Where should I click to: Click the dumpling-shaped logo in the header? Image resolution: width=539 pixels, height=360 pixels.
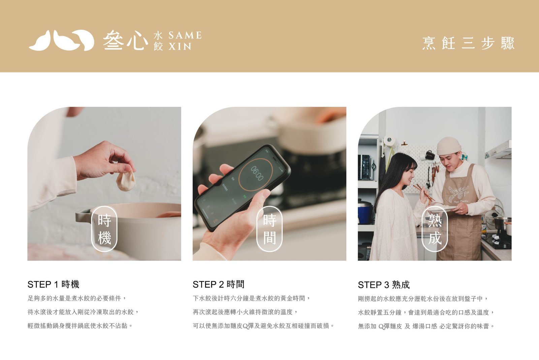pyautogui.click(x=61, y=40)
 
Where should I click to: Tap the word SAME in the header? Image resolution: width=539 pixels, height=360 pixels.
pyautogui.click(x=185, y=35)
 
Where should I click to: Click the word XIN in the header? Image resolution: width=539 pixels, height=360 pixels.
pyautogui.click(x=180, y=47)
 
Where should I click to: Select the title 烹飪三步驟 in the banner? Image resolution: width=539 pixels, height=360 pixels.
pyautogui.click(x=468, y=43)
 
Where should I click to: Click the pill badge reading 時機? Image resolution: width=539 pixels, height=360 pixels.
pyautogui.click(x=104, y=229)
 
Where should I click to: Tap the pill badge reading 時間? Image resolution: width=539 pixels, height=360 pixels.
pyautogui.click(x=269, y=229)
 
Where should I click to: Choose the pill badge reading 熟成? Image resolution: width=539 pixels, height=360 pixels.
pyautogui.click(x=435, y=229)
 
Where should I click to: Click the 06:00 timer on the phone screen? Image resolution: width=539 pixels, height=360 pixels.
pyautogui.click(x=257, y=173)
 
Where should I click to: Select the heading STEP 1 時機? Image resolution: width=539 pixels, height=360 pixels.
pyautogui.click(x=54, y=284)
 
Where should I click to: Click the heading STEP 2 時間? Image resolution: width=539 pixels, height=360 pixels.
pyautogui.click(x=219, y=284)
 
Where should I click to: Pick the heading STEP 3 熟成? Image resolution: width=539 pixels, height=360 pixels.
pyautogui.click(x=384, y=285)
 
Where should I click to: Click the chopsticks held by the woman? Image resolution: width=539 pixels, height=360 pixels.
pyautogui.click(x=424, y=192)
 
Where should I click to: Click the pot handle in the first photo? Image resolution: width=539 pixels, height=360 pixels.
pyautogui.click(x=83, y=215)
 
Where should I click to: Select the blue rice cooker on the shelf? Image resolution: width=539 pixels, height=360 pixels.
pyautogui.click(x=365, y=211)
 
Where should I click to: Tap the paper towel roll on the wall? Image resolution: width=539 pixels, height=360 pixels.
pyautogui.click(x=389, y=142)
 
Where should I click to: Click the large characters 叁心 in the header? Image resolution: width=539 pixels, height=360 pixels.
pyautogui.click(x=125, y=40)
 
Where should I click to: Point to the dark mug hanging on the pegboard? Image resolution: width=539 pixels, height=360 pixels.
pyautogui.click(x=430, y=155)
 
